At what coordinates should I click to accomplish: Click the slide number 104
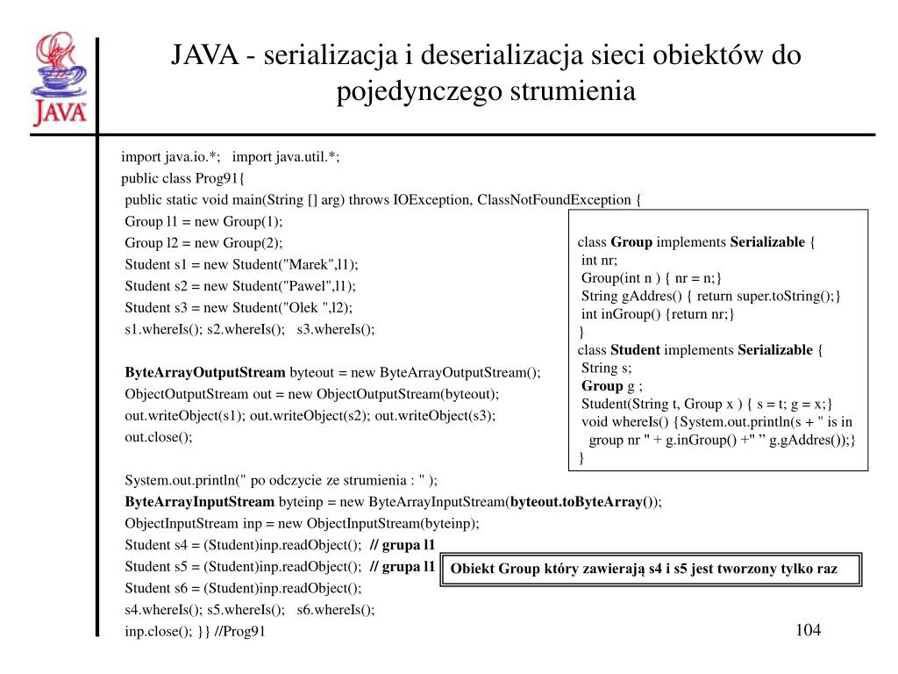809,630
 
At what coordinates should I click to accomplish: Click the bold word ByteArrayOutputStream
205,372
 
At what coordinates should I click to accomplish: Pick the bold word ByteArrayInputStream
200,502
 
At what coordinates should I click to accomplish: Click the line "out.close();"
158,436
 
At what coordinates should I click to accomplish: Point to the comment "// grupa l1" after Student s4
403,545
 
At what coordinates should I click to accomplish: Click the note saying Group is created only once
644,569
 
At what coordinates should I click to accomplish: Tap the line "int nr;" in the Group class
600,260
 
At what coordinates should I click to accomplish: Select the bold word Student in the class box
635,350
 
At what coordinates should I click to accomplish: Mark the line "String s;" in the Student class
606,368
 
